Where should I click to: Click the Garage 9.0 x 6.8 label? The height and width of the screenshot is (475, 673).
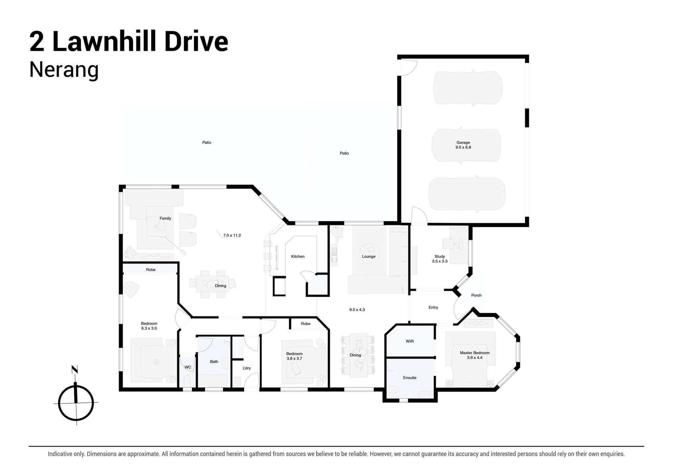coord(463,145)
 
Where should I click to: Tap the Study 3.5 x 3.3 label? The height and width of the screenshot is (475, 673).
coord(440,259)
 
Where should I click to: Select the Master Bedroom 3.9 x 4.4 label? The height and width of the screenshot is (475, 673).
coord(475,355)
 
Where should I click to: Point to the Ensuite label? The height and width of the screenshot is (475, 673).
coord(409,378)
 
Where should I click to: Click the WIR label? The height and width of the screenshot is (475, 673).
coord(409,341)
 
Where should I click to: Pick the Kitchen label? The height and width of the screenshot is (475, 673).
coord(298,256)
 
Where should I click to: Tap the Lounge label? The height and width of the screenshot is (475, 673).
coord(368,256)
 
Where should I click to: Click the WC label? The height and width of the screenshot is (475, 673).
coord(188,367)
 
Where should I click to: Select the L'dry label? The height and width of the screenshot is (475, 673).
coord(246,368)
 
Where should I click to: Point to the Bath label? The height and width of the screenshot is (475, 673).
coord(214,361)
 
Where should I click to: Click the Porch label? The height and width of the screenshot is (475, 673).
coord(476,295)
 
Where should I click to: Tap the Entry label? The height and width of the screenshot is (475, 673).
coord(433,307)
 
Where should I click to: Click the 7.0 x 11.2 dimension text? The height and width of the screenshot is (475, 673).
coord(232,235)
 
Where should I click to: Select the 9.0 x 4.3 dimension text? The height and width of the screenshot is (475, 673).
coord(357,310)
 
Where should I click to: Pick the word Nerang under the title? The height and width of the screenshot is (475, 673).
coord(64,70)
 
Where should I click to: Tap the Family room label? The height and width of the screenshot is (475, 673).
coord(165,218)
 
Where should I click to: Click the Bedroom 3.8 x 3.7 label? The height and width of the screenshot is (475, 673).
coord(294,356)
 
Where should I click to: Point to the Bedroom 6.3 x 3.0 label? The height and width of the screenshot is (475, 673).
coord(149,326)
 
